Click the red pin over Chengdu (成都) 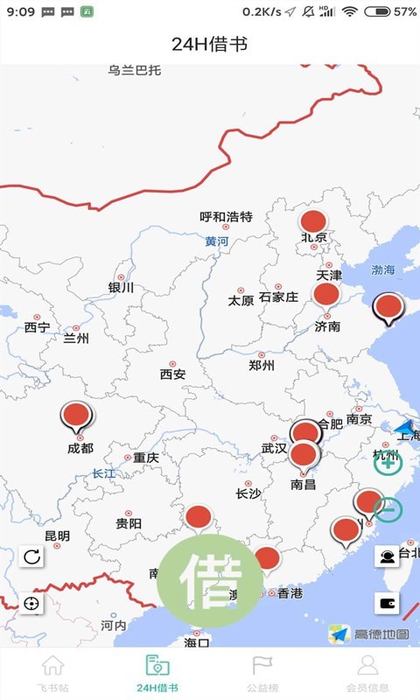[x=77, y=416]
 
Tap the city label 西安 [x=172, y=374]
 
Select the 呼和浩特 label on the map [x=226, y=216]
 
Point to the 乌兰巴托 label [x=135, y=70]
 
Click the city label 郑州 [x=262, y=365]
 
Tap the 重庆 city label [x=145, y=457]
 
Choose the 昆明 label [x=57, y=535]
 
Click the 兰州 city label [x=76, y=338]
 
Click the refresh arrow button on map [x=31, y=556]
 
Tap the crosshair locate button [x=31, y=603]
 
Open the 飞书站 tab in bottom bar [x=52, y=675]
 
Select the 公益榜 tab [x=262, y=675]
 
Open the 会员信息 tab [x=367, y=675]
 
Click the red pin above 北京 [x=312, y=221]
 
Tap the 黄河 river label [x=217, y=241]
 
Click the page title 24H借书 [x=210, y=44]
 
